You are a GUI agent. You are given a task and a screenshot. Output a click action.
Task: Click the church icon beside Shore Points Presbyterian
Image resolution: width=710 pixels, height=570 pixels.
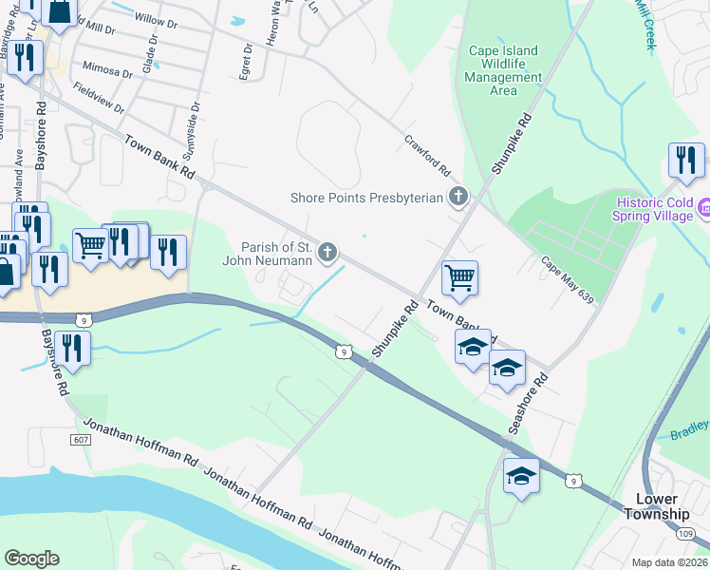pos(458,198)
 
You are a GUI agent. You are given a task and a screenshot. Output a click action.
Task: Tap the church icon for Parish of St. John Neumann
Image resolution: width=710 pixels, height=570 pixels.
pos(327,252)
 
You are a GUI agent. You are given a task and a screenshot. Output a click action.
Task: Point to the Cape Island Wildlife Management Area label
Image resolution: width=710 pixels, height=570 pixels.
pos(503,71)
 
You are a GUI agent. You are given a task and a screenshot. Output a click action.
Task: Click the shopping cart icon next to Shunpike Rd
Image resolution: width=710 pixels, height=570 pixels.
pos(459,277)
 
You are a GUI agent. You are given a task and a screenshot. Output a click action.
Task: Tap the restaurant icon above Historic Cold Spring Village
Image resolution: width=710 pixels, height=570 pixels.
pos(685,161)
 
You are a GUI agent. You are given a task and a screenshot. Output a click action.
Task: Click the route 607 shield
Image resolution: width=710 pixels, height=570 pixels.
pos(81,439)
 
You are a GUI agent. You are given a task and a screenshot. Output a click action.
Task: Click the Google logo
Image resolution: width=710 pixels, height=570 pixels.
pos(31,559)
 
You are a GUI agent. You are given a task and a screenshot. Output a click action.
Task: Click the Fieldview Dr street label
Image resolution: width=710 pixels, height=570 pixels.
pos(96,96)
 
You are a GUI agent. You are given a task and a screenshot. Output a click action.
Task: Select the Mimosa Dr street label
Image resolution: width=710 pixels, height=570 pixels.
pos(106,71)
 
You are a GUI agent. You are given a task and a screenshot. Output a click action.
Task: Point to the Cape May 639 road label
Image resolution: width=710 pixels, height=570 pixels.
pos(568,280)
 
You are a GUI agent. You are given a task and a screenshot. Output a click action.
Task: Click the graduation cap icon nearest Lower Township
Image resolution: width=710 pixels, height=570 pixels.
pos(521,475)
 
